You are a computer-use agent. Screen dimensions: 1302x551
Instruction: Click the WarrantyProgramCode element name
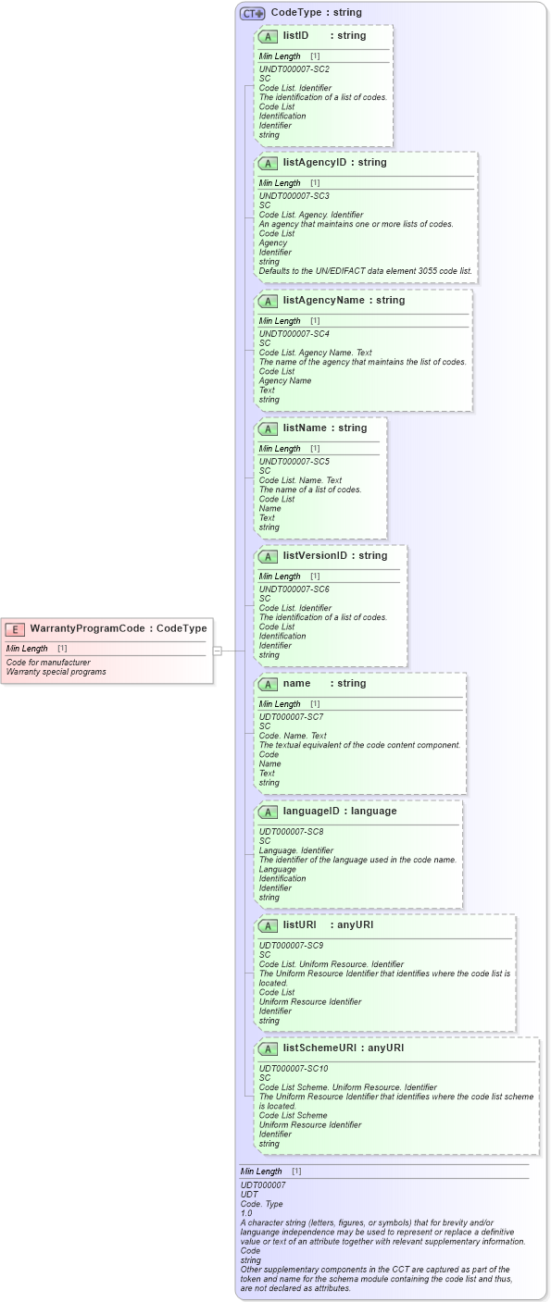click(87, 628)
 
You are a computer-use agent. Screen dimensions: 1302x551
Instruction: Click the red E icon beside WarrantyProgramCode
click(15, 629)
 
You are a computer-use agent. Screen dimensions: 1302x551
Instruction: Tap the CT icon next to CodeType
click(252, 13)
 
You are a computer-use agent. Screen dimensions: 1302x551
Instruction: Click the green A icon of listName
click(268, 428)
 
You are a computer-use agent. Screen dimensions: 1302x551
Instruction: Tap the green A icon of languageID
click(268, 812)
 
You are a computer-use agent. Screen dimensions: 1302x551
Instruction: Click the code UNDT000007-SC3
click(294, 196)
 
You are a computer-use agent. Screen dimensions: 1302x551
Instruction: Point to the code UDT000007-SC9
click(291, 945)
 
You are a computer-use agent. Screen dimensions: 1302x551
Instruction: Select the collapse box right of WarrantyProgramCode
click(218, 651)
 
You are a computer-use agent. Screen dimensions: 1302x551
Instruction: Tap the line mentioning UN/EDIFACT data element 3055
click(365, 270)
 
